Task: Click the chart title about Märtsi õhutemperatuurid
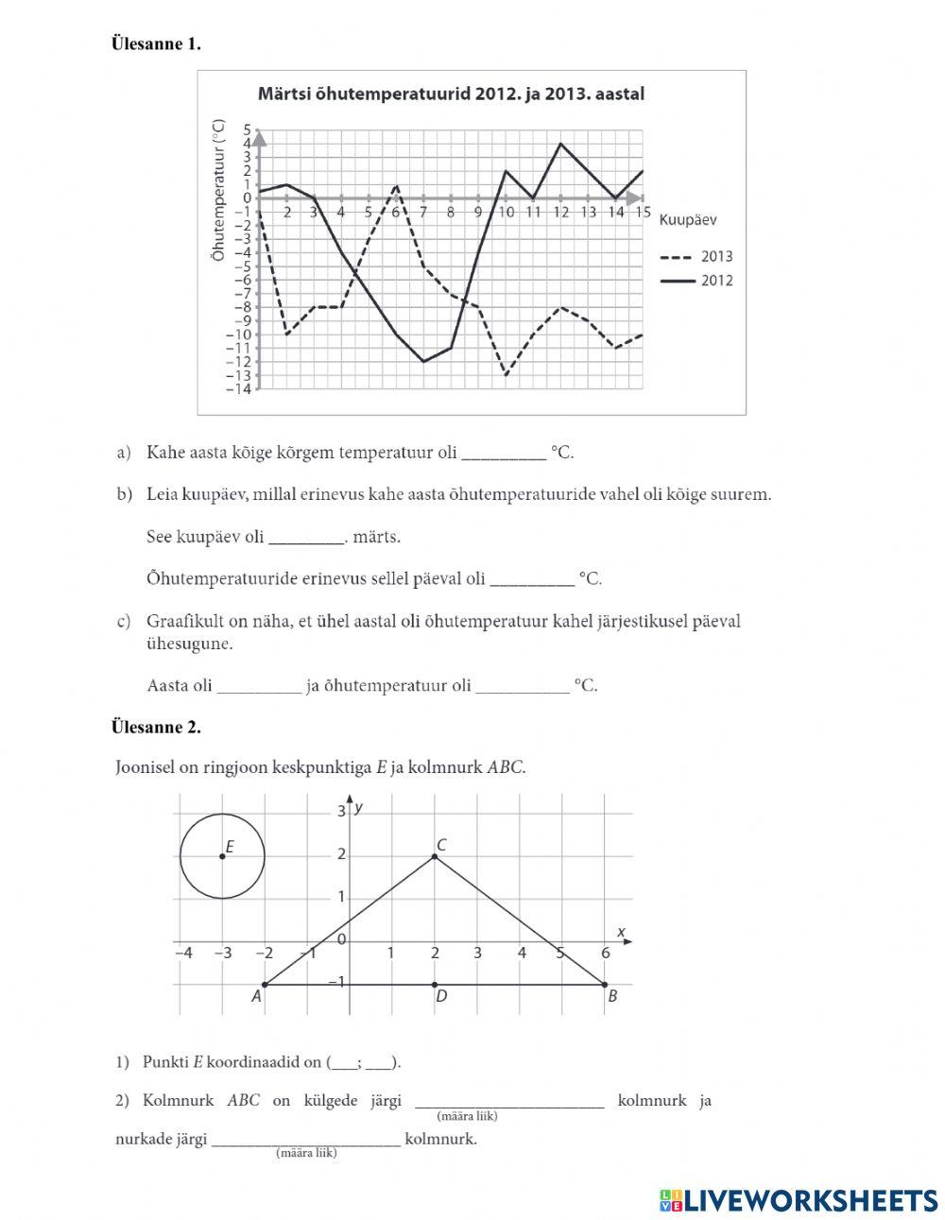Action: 451,95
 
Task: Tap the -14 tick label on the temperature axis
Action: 239,389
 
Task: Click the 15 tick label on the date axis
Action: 643,212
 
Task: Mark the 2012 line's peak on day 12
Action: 560,144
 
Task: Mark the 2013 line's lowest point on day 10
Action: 506,375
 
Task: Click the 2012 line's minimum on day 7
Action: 423,361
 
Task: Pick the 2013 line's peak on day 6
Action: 396,185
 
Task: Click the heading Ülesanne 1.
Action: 156,43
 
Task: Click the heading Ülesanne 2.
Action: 156,727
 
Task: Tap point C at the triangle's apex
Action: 435,856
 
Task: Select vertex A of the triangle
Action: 264,985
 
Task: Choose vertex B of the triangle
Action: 605,985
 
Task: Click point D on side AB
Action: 435,985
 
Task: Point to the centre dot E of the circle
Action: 222,856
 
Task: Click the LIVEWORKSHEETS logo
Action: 799,1200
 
